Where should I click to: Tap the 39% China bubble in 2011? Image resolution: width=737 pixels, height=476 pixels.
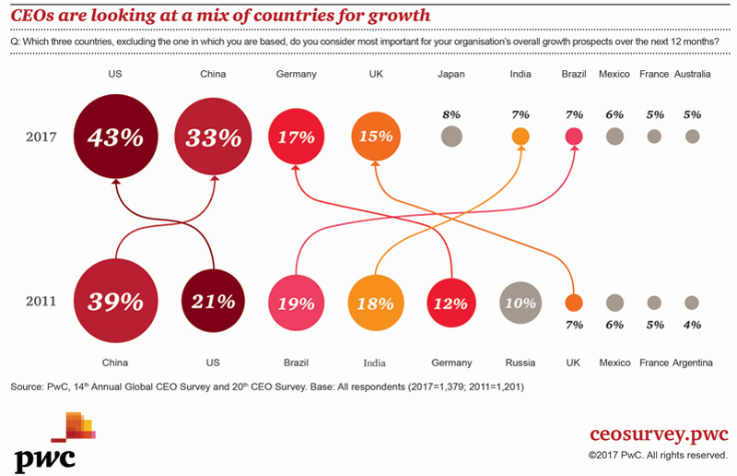click(115, 302)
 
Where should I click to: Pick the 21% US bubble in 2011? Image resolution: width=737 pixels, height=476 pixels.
click(214, 302)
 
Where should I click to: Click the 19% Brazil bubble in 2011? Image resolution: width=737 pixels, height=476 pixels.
click(297, 302)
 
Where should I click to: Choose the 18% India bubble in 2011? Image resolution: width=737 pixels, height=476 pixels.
click(375, 302)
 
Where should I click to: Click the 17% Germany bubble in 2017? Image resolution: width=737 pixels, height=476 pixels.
click(297, 137)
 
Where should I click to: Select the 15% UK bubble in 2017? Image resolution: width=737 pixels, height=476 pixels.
click(375, 137)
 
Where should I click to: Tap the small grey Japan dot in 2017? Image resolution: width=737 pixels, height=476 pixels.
click(450, 137)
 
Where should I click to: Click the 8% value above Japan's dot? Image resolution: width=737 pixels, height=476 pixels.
click(450, 114)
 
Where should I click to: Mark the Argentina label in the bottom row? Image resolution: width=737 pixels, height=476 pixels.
click(692, 363)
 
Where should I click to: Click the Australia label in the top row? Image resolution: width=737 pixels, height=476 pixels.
click(692, 74)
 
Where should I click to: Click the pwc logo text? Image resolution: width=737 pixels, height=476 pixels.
click(44, 457)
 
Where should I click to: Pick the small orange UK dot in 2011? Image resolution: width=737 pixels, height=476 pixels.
click(574, 302)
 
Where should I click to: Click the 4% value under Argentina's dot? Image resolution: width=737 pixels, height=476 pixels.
click(692, 325)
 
